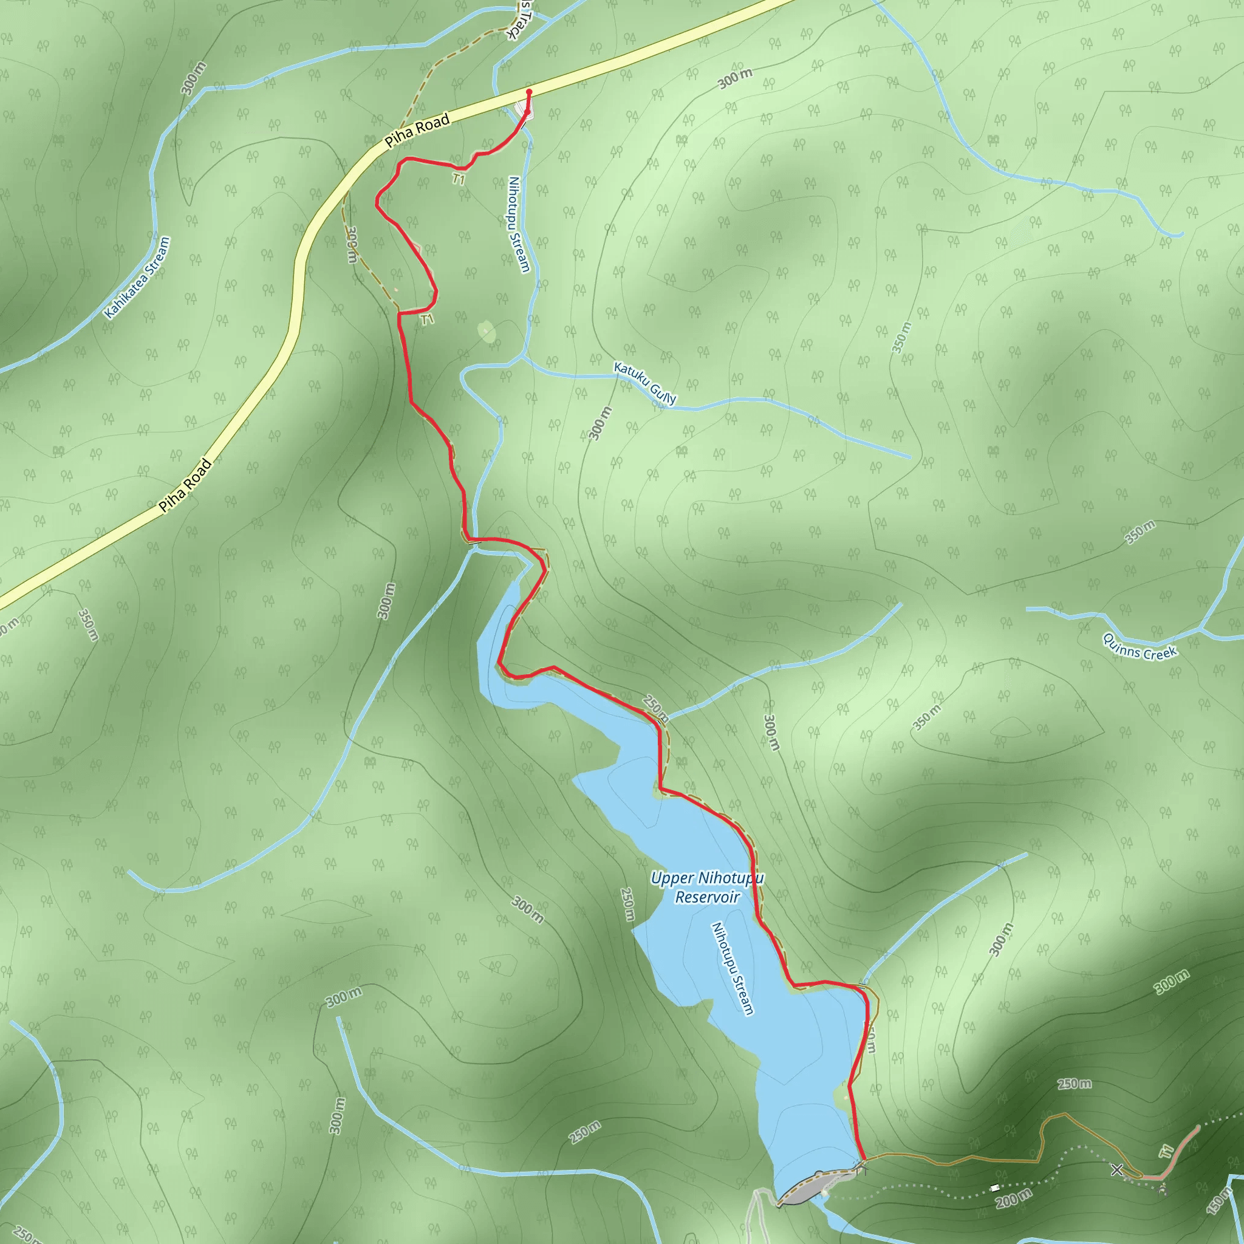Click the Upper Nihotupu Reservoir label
click(706, 887)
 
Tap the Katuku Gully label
click(644, 384)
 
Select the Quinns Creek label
click(1140, 647)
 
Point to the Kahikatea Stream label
click(137, 278)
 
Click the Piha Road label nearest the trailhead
click(417, 131)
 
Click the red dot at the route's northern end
click(529, 92)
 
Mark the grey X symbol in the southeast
click(1117, 1169)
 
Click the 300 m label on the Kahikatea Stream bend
click(194, 78)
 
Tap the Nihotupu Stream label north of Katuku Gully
click(518, 224)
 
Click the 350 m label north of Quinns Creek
click(1140, 532)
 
